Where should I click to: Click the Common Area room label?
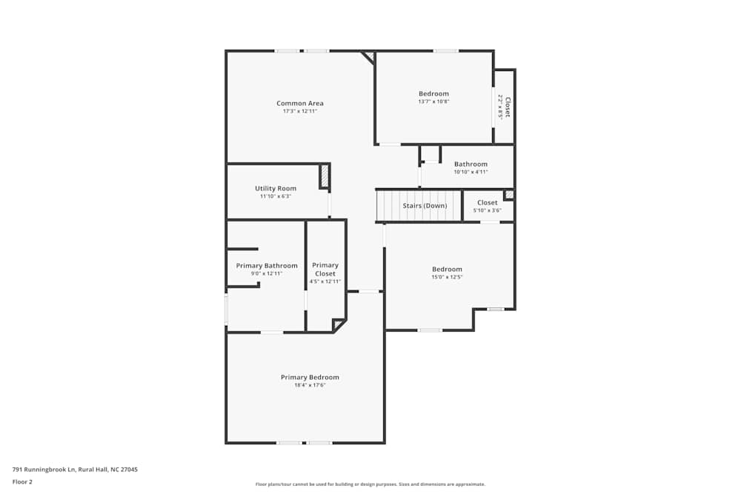click(300, 104)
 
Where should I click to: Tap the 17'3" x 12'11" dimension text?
click(300, 111)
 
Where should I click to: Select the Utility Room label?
click(276, 189)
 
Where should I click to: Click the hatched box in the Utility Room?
click(324, 177)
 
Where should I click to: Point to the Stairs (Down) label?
click(425, 205)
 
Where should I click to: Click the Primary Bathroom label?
click(267, 266)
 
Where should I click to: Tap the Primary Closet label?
click(325, 270)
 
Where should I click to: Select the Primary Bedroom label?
click(310, 378)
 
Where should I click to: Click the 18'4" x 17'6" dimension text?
click(310, 385)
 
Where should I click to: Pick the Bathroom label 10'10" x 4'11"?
click(471, 164)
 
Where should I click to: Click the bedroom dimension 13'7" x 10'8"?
click(433, 101)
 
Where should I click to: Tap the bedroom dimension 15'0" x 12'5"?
click(447, 277)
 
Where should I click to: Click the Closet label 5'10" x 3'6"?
click(488, 203)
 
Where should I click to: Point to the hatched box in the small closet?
click(508, 195)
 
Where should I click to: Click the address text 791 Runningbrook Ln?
click(75, 470)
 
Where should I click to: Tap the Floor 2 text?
click(22, 481)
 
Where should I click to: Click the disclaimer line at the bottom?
click(370, 484)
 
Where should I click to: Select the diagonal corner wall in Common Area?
click(368, 58)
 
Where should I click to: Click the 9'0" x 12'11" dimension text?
click(267, 274)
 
